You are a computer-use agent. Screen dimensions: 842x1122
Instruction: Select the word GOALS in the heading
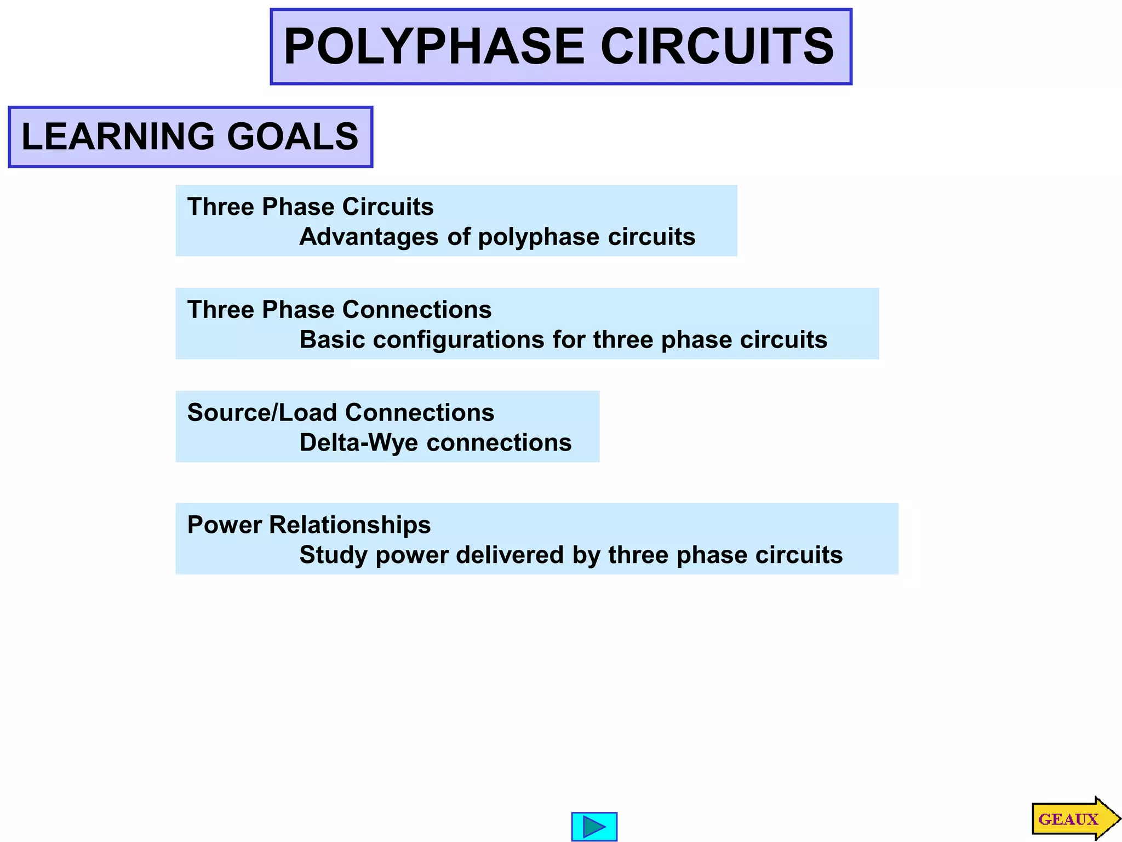293,136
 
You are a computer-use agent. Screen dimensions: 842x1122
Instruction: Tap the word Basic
332,340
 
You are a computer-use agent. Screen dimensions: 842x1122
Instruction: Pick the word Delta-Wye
358,443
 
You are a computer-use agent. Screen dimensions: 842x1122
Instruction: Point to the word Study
333,555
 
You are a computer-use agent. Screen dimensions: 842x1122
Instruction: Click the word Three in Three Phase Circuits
221,207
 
